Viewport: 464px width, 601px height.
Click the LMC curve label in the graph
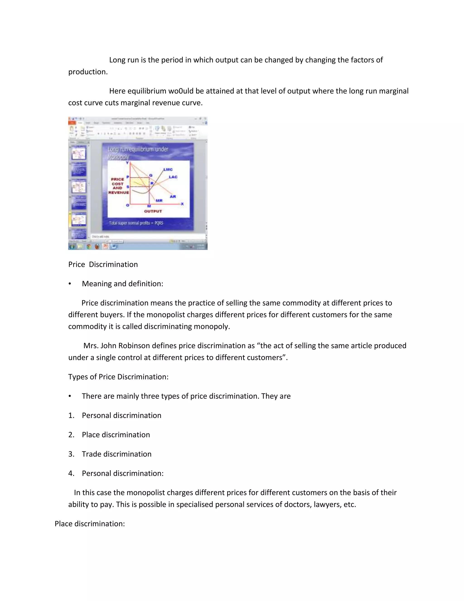coord(168,169)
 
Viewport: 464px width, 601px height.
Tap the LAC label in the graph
coord(173,177)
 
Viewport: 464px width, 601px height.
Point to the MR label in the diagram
coord(159,201)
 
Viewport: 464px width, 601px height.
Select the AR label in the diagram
coord(173,196)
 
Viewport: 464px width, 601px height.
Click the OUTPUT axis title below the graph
coord(153,211)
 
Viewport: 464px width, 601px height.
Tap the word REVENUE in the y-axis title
coord(118,193)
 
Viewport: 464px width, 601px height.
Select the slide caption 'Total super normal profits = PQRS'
coord(136,223)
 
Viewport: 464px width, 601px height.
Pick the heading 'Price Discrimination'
coord(103,264)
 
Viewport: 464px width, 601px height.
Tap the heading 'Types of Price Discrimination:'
coord(118,377)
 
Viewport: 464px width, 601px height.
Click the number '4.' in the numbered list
coord(71,473)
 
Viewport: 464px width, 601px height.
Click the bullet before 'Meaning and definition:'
coord(70,284)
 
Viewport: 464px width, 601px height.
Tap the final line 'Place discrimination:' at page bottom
coord(90,524)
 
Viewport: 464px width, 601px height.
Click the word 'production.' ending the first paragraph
coord(88,72)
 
